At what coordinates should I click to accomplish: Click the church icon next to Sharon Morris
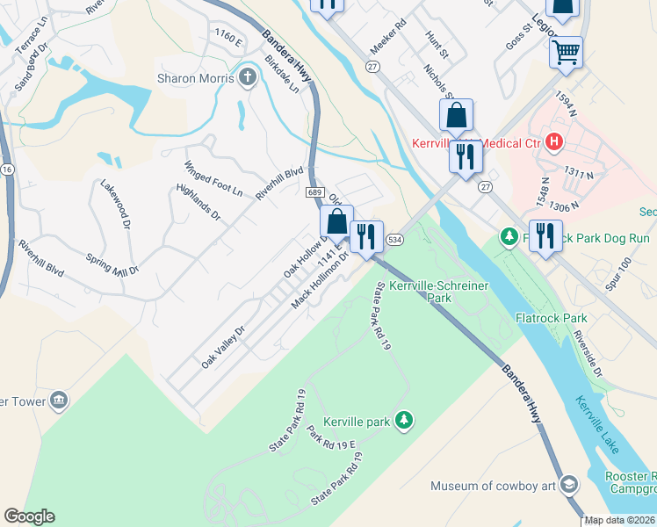(x=249, y=78)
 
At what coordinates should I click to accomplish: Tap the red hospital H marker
(x=553, y=141)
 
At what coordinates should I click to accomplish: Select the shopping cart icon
(x=567, y=51)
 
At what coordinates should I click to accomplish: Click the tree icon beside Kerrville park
(x=404, y=422)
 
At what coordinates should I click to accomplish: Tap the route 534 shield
(x=394, y=240)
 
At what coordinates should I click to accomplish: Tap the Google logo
(x=29, y=516)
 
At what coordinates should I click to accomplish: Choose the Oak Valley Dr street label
(x=222, y=347)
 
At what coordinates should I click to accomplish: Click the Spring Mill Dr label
(x=112, y=264)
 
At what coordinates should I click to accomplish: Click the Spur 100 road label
(x=618, y=276)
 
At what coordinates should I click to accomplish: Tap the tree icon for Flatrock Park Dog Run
(x=508, y=237)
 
